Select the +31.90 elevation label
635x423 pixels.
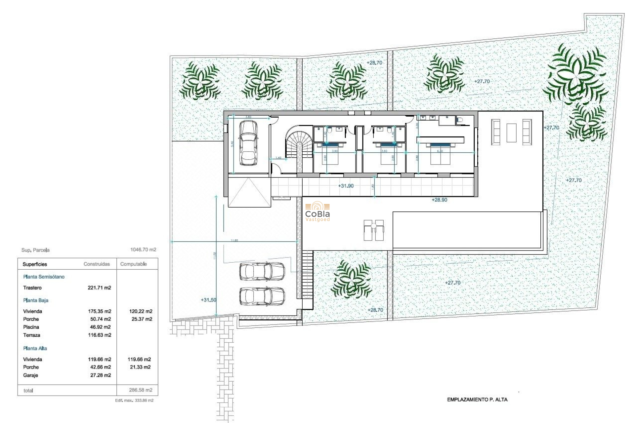click(346, 186)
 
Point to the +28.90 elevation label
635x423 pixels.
click(439, 200)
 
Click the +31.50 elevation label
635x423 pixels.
click(208, 300)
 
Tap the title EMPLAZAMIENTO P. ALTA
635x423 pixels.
click(477, 400)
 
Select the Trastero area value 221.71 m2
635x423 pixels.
click(99, 288)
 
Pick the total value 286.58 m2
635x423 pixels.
click(141, 390)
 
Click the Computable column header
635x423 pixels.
click(133, 264)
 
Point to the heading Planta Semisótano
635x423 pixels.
click(44, 277)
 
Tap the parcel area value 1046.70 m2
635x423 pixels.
click(143, 250)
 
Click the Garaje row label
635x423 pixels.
click(30, 375)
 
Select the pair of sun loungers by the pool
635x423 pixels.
click(374, 230)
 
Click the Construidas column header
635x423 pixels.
click(97, 264)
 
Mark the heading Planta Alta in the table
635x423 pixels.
click(35, 348)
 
